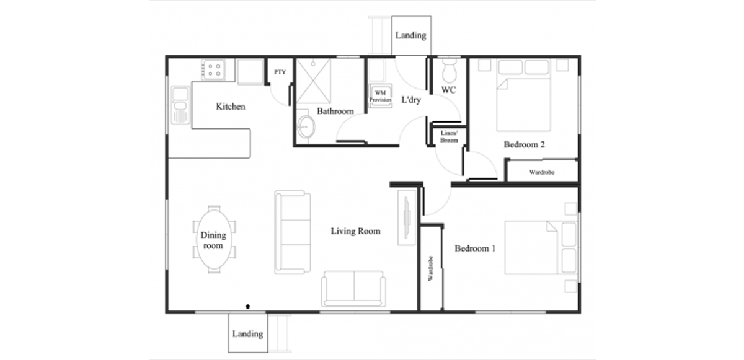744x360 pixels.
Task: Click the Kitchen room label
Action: pyautogui.click(x=230, y=107)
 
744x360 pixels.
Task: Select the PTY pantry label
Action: pyautogui.click(x=280, y=72)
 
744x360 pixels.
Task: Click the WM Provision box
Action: pyautogui.click(x=380, y=96)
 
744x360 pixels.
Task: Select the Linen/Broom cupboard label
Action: pyautogui.click(x=448, y=136)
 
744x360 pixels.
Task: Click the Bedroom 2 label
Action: pyautogui.click(x=524, y=145)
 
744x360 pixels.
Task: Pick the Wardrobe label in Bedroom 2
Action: pyautogui.click(x=542, y=172)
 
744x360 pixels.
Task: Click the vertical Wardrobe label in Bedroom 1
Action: pyautogui.click(x=430, y=270)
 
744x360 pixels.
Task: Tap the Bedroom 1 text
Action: pyautogui.click(x=475, y=248)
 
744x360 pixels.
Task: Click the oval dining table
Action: pyautogui.click(x=213, y=240)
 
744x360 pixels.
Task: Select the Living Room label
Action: pyautogui.click(x=355, y=231)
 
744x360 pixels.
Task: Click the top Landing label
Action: pyautogui.click(x=410, y=35)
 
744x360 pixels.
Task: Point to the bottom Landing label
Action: pyautogui.click(x=247, y=333)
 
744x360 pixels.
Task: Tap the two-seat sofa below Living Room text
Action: pyautogui.click(x=354, y=288)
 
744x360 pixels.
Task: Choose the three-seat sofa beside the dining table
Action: pyautogui.click(x=292, y=232)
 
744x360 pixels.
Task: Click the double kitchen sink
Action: pyautogui.click(x=180, y=105)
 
